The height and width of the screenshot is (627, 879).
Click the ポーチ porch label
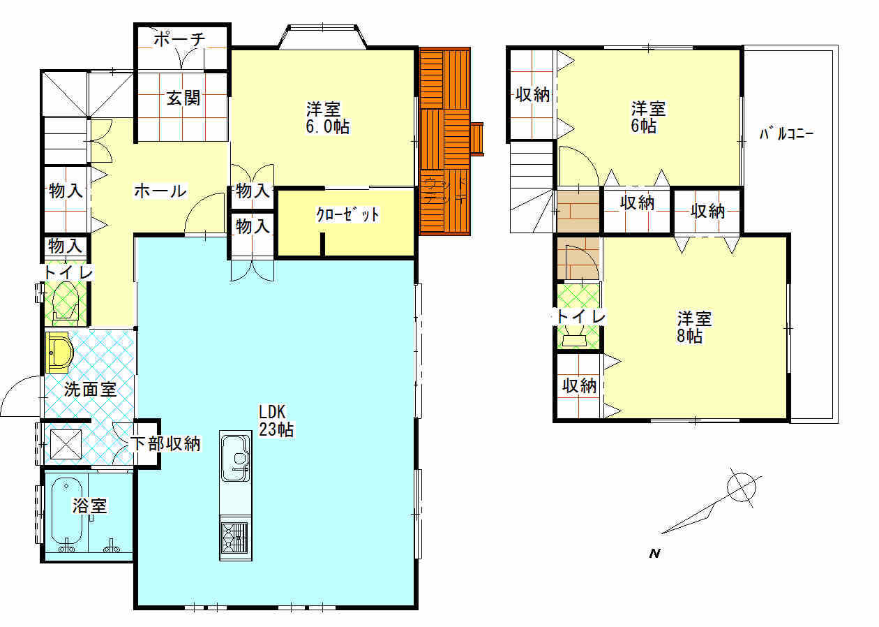click(x=179, y=39)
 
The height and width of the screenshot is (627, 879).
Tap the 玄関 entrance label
click(x=183, y=98)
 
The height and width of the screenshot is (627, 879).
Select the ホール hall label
click(x=160, y=191)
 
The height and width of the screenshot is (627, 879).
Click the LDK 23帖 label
click(x=276, y=421)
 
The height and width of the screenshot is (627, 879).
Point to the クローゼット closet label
click(x=347, y=214)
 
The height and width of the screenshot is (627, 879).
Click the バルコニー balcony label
click(x=786, y=133)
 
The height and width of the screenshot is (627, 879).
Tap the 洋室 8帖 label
click(x=693, y=327)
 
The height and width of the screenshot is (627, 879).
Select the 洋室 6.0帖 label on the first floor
click(x=327, y=118)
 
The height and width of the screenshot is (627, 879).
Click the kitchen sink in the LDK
click(x=236, y=458)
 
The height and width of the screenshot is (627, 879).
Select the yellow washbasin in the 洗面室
click(x=59, y=352)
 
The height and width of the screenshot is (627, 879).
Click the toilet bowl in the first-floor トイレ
click(x=66, y=300)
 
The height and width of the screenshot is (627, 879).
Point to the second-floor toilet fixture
click(x=574, y=340)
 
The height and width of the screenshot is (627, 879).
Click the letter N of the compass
click(x=654, y=554)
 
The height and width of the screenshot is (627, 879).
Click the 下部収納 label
click(x=165, y=443)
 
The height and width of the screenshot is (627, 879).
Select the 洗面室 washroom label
click(x=90, y=390)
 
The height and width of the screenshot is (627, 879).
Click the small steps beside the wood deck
click(x=476, y=139)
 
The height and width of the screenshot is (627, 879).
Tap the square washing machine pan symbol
click(x=66, y=444)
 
